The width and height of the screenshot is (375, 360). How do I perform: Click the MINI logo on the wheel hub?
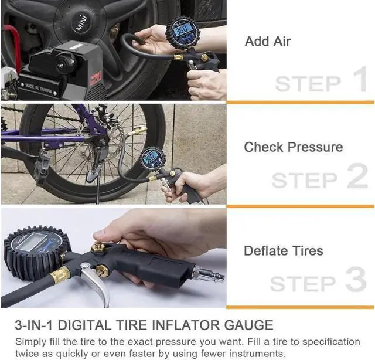[82, 22]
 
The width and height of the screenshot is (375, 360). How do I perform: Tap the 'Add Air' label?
[268, 42]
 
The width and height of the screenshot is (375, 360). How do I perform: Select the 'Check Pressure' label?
[294, 147]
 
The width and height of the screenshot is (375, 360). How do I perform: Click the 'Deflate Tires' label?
[284, 251]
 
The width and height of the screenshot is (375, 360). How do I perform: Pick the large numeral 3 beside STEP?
[356, 279]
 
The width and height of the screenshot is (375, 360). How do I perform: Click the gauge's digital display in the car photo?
[183, 30]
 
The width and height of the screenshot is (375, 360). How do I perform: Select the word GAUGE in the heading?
[248, 325]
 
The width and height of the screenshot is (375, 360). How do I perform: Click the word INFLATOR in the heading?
[186, 325]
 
